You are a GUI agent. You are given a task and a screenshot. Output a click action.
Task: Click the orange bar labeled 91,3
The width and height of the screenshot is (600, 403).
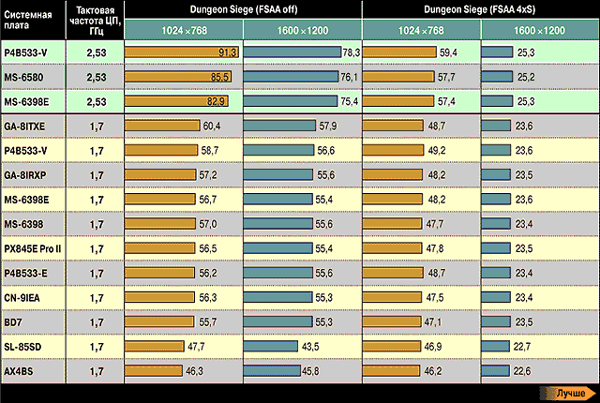(x=183, y=52)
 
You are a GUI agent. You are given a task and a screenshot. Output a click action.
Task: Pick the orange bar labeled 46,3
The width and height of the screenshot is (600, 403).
(x=153, y=371)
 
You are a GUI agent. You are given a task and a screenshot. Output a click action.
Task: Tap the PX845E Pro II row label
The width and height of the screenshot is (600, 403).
(x=32, y=248)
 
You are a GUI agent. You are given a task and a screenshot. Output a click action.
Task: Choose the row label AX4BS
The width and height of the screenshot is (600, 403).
(x=20, y=371)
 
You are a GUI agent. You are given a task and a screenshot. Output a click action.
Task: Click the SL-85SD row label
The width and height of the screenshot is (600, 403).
(x=23, y=347)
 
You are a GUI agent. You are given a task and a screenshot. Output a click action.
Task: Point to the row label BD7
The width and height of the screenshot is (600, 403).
(x=13, y=321)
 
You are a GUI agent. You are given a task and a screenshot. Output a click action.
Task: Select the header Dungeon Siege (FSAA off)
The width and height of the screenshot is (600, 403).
(x=243, y=10)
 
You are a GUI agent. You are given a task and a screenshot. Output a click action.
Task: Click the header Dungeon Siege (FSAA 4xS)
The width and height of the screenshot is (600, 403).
(x=480, y=10)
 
